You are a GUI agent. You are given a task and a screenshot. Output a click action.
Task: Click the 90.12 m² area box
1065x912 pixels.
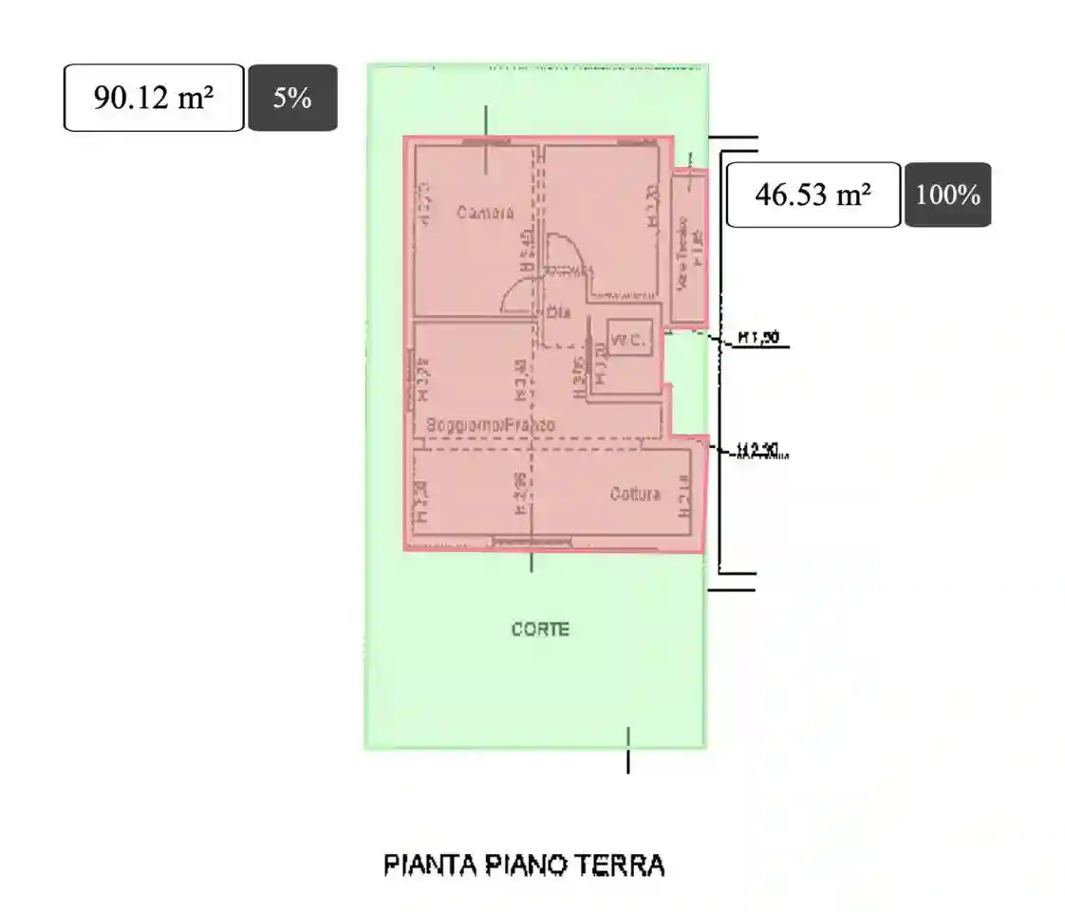click(x=154, y=98)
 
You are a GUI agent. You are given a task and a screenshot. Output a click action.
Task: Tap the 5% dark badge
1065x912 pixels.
click(x=292, y=98)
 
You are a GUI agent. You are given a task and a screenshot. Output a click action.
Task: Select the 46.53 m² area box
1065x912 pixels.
click(x=813, y=195)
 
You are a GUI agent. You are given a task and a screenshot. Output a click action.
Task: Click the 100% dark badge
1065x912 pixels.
click(x=947, y=195)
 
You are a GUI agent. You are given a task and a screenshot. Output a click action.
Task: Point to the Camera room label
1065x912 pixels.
click(x=485, y=213)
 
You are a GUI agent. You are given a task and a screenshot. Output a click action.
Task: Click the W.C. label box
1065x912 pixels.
click(x=628, y=340)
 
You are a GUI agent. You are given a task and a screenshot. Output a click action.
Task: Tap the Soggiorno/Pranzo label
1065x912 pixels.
click(x=490, y=425)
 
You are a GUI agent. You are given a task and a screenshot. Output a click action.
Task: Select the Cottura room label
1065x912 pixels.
click(x=635, y=493)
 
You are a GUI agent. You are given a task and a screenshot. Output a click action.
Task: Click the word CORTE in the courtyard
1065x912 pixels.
click(x=540, y=629)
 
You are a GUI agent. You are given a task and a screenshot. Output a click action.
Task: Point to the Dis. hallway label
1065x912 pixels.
click(x=558, y=310)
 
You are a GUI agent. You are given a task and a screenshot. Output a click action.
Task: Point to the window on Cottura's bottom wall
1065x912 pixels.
click(x=532, y=542)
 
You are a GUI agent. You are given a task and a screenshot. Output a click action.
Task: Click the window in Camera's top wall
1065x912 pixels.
click(x=487, y=140)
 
